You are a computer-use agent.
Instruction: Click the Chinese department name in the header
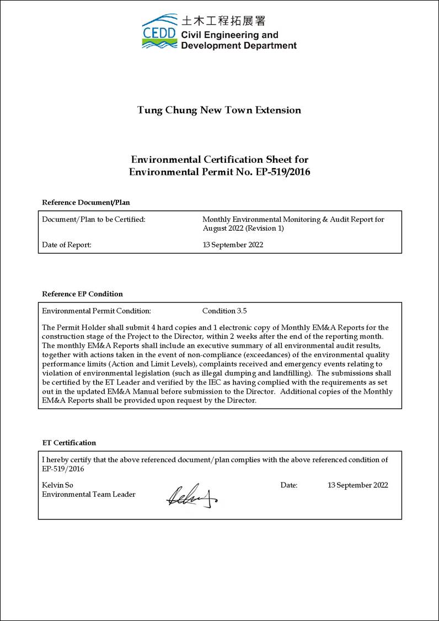(x=223, y=21)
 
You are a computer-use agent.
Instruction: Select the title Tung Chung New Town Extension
(x=219, y=110)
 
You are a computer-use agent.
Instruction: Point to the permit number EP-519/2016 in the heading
(x=283, y=172)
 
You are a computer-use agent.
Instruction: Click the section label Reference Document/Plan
(x=85, y=202)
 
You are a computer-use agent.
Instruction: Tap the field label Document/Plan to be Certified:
(x=94, y=219)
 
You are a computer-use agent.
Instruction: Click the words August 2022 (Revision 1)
(x=243, y=228)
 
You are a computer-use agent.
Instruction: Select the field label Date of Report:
(x=67, y=245)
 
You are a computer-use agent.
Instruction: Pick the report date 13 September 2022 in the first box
(x=233, y=245)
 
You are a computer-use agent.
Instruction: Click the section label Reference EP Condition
(x=82, y=294)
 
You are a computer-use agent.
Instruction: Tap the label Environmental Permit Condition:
(x=97, y=311)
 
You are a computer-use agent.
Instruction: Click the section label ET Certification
(x=69, y=443)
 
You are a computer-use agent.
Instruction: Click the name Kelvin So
(x=57, y=485)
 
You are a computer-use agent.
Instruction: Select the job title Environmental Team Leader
(x=89, y=494)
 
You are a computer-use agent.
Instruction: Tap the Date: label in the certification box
(x=289, y=485)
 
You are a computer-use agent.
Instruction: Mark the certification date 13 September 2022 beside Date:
(x=357, y=485)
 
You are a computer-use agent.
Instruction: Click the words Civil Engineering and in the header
(x=230, y=35)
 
